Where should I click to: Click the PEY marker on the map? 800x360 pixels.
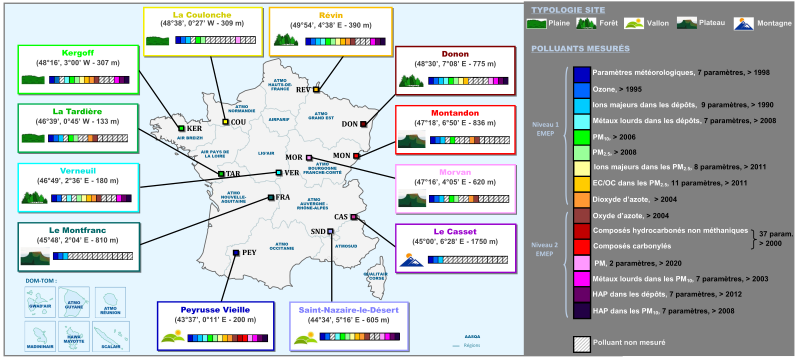point(235,253)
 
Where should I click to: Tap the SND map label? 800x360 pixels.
point(317,231)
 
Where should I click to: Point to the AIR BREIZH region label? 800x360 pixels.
point(189,141)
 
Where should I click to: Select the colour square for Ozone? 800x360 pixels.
point(581,89)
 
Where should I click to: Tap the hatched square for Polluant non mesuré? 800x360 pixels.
point(581,341)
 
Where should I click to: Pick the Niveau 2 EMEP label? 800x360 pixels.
point(545,247)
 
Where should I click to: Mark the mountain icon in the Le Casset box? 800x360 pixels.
point(411,263)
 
